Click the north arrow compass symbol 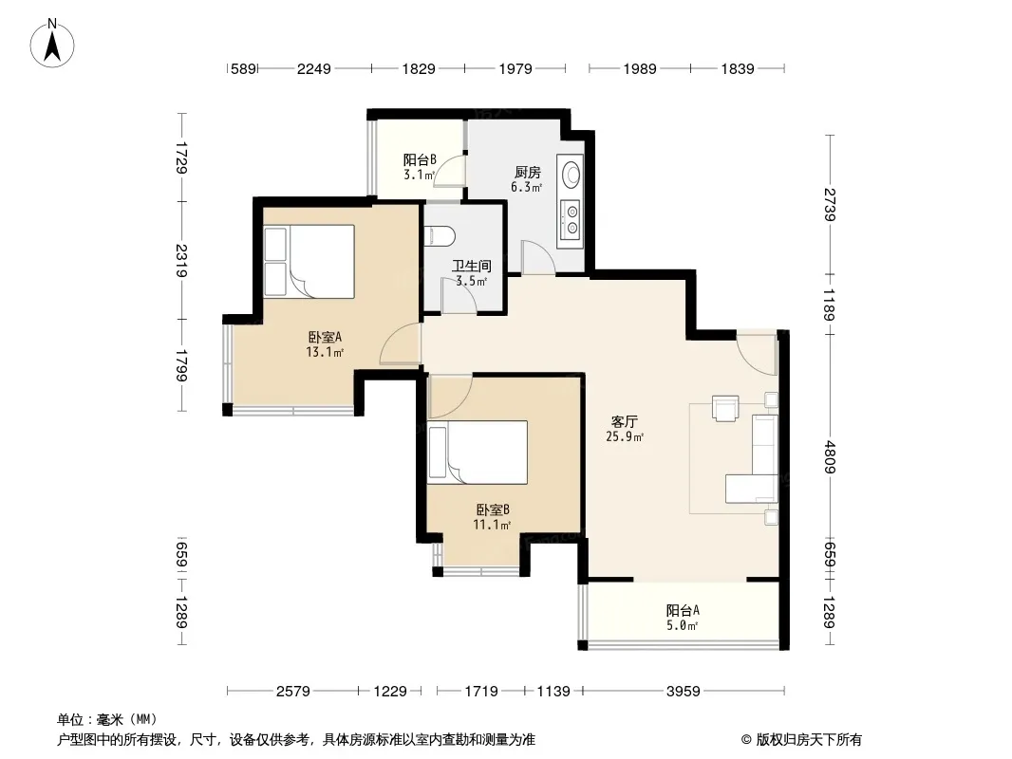tap(52, 44)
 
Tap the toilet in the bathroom tap(440, 235)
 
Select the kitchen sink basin tap(572, 173)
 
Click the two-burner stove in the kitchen tap(572, 218)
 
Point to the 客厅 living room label tap(624, 422)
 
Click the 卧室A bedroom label tap(325, 337)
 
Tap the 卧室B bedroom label tap(493, 509)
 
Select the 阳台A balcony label tap(683, 610)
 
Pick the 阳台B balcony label tap(420, 159)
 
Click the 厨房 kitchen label tap(527, 172)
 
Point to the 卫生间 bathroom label tap(471, 266)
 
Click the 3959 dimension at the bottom tap(683, 692)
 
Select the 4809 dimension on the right tap(830, 457)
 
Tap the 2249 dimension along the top tap(313, 68)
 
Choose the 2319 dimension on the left tap(181, 261)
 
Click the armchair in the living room tap(725, 408)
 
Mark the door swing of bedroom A tap(401, 344)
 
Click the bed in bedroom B tap(477, 452)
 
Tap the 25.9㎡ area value tap(624, 437)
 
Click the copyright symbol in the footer tap(746, 740)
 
